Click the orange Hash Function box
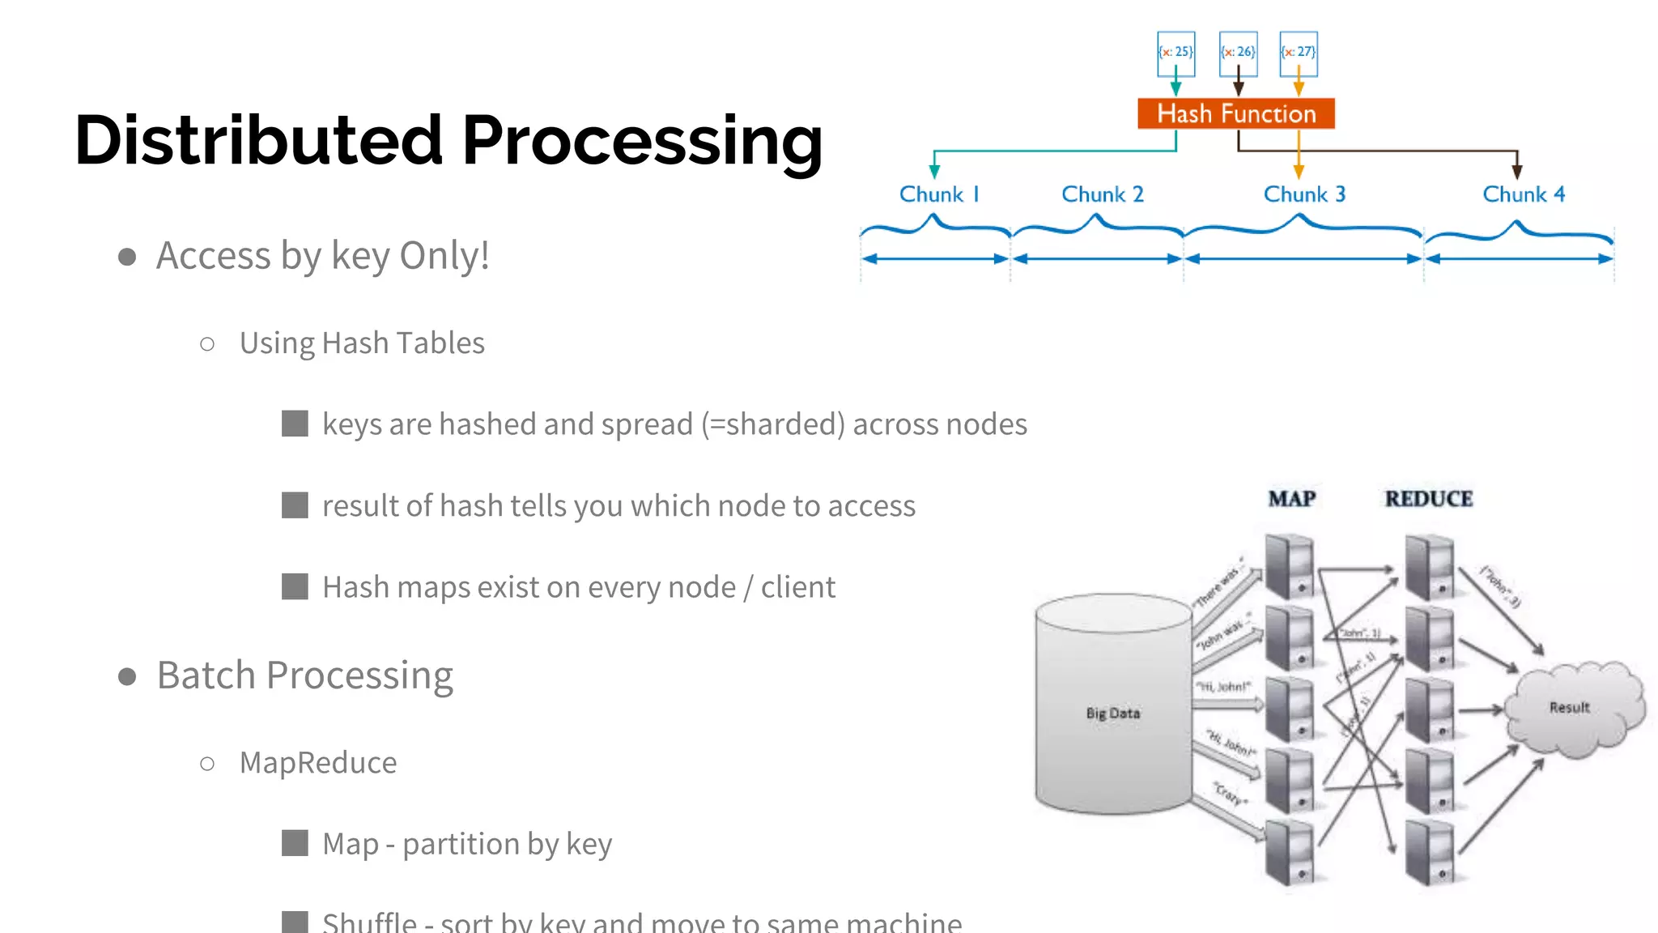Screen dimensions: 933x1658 coord(1235,113)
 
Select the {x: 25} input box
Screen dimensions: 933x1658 coord(1175,53)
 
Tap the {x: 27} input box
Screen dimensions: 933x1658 coord(1299,53)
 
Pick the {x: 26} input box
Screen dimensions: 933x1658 coord(1238,53)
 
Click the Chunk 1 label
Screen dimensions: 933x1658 coord(939,194)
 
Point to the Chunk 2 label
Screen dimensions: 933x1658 coord(1102,194)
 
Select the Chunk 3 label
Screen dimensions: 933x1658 coord(1304,194)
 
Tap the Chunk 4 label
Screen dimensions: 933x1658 coord(1524,194)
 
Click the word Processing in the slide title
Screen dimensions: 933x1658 coord(642,142)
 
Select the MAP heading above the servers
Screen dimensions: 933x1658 coord(1292,499)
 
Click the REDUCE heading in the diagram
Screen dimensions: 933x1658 coord(1429,499)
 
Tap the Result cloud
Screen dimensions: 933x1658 coord(1571,708)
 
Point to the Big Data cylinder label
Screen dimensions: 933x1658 coord(1113,714)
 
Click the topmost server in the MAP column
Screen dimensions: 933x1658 coord(1289,566)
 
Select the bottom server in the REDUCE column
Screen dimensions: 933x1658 coord(1430,853)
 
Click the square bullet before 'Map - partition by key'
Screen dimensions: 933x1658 coord(295,843)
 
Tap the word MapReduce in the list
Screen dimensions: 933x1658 coord(318,763)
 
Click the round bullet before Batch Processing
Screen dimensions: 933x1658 coord(127,676)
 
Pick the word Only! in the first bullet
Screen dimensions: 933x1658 coord(444,256)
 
